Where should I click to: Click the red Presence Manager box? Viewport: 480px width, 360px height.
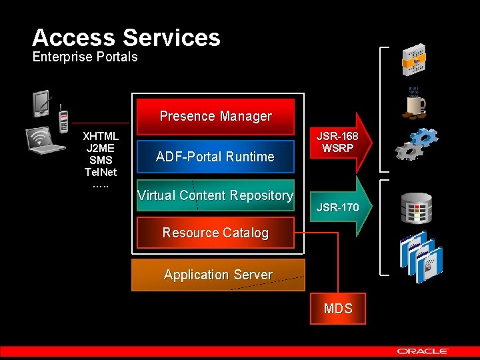[215, 116]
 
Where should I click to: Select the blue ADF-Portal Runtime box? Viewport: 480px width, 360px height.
[215, 157]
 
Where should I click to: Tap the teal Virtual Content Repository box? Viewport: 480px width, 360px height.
[215, 195]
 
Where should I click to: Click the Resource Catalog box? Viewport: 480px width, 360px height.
[215, 233]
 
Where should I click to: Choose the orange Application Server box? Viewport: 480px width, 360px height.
[218, 275]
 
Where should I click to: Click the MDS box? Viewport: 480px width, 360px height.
[337, 308]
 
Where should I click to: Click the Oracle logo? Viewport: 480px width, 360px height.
[423, 351]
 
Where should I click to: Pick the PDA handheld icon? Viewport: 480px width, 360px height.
[42, 103]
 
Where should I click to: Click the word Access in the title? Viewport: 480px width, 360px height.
[74, 37]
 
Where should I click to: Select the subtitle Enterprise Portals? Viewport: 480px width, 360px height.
[85, 57]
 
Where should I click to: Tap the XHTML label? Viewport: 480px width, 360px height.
[101, 136]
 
